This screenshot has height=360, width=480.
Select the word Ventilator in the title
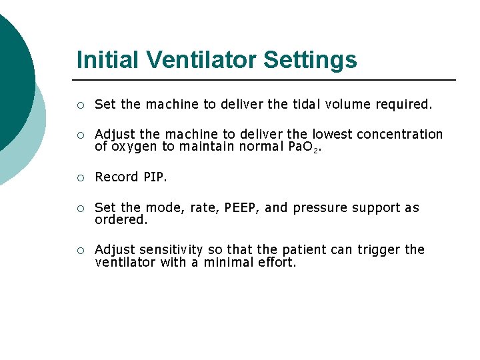click(203, 60)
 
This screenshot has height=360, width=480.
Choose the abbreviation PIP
click(155, 177)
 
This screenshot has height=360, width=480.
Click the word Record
click(116, 177)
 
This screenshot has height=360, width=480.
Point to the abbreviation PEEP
click(243, 207)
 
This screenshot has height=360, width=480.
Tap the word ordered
click(120, 219)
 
